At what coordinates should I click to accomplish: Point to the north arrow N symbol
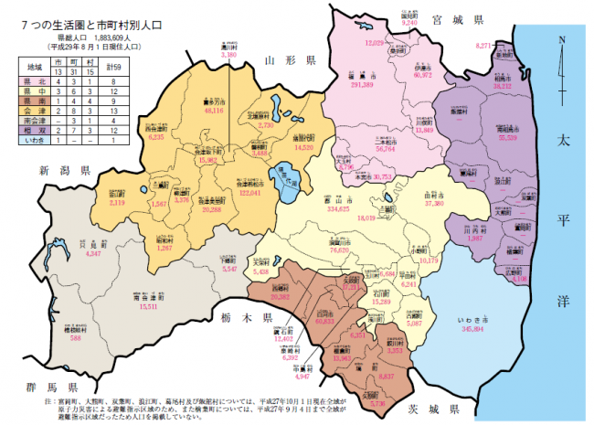click(x=562, y=40)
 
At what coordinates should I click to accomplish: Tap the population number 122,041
click(x=250, y=193)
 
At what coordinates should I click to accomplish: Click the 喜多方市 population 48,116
click(x=214, y=109)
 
